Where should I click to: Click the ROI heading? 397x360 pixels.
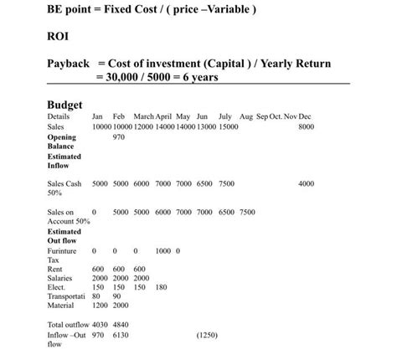(x=59, y=37)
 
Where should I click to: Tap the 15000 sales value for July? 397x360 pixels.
(x=229, y=126)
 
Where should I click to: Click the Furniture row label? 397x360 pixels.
(x=62, y=250)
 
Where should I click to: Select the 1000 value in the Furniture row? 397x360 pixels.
(x=162, y=250)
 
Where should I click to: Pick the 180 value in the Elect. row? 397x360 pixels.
(x=161, y=286)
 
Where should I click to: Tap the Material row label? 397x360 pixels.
(x=62, y=305)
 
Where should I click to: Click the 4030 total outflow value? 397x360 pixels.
(x=100, y=324)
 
